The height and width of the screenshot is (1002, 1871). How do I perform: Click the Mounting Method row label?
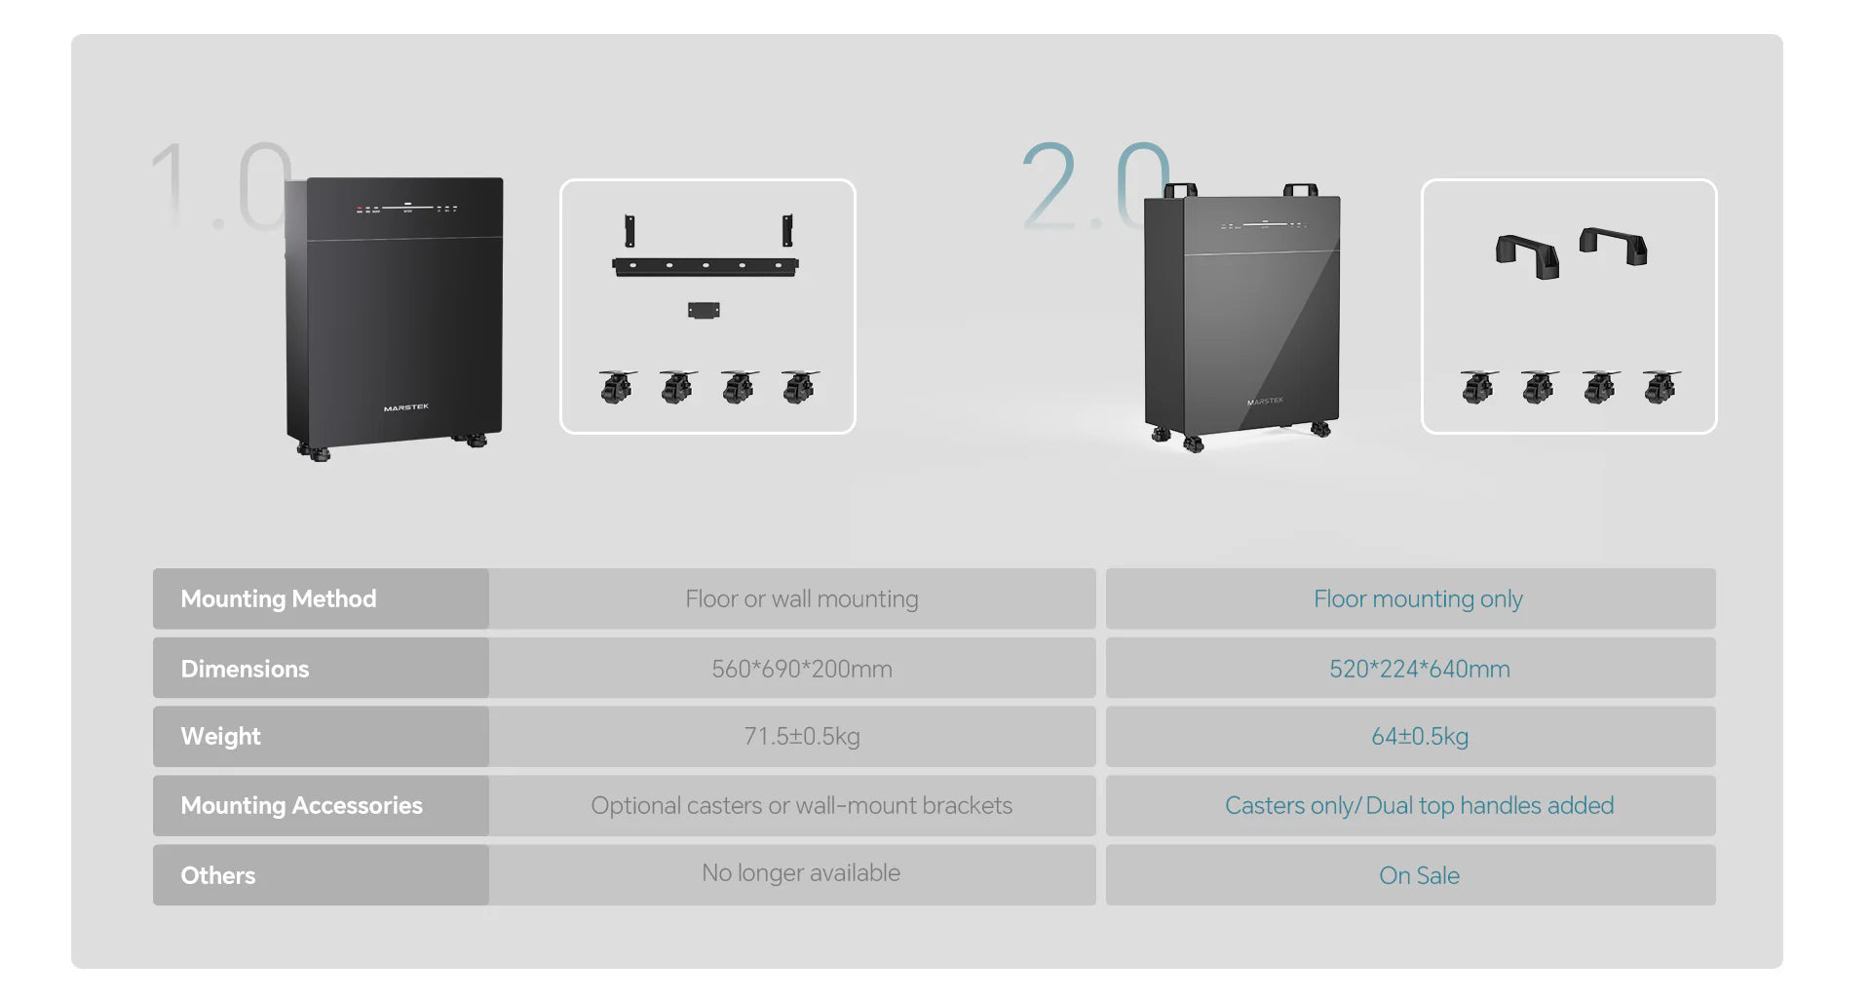(x=279, y=598)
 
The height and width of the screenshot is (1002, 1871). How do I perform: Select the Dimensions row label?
(x=245, y=669)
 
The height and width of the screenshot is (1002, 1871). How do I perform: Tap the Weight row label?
(x=220, y=737)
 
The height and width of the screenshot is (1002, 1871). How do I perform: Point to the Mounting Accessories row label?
(x=301, y=805)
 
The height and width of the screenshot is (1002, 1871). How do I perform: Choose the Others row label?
(x=218, y=875)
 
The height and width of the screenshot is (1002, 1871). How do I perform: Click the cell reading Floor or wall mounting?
(x=801, y=598)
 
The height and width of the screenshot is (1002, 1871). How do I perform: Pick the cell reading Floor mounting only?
(x=1418, y=598)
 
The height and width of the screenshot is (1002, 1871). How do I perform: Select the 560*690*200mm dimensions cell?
(x=801, y=669)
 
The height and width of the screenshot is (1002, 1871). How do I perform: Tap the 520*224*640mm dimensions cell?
(x=1419, y=669)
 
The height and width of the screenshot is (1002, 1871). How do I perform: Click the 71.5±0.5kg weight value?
(x=801, y=736)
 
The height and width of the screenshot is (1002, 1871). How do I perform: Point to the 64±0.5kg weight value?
(x=1419, y=736)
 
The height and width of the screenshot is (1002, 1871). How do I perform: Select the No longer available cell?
(x=801, y=872)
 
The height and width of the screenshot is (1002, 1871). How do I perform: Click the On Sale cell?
(x=1419, y=875)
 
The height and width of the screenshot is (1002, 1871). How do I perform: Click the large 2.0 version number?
(x=1094, y=185)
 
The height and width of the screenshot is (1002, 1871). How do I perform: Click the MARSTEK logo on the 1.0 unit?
(x=405, y=407)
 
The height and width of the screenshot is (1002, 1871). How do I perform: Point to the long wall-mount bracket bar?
(x=706, y=266)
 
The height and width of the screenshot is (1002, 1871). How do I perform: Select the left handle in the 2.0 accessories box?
(x=1527, y=254)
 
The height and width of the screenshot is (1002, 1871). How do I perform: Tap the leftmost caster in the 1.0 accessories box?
(x=617, y=386)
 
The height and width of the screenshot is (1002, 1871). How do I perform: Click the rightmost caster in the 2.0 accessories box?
(x=1661, y=386)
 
